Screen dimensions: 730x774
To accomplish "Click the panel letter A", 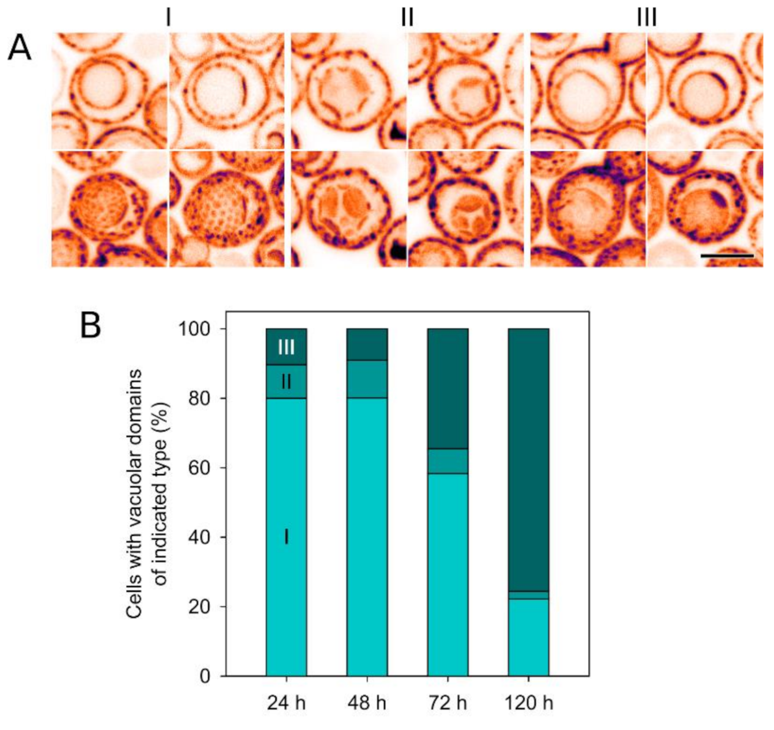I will (x=20, y=48).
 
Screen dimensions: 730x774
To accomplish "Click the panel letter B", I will (x=91, y=327).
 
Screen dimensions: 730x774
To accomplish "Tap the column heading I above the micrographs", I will (x=168, y=18).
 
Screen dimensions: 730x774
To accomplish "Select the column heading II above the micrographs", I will (x=407, y=18).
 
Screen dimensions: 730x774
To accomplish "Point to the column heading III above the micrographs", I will (x=647, y=18).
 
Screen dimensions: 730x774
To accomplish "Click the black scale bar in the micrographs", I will (x=727, y=256).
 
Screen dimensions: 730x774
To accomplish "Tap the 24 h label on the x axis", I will (x=286, y=702).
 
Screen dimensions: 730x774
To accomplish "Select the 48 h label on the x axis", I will (x=367, y=702).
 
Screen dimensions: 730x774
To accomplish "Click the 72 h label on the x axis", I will (x=448, y=702).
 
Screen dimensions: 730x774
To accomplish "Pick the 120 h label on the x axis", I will (x=528, y=702).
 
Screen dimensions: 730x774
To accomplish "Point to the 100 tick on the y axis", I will (x=199, y=330).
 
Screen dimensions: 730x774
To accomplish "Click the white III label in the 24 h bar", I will (x=286, y=347).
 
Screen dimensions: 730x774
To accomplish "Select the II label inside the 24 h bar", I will (x=286, y=382).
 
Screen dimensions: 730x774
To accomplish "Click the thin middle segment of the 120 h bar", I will (x=528, y=595).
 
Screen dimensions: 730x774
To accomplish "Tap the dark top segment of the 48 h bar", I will (x=367, y=344).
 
